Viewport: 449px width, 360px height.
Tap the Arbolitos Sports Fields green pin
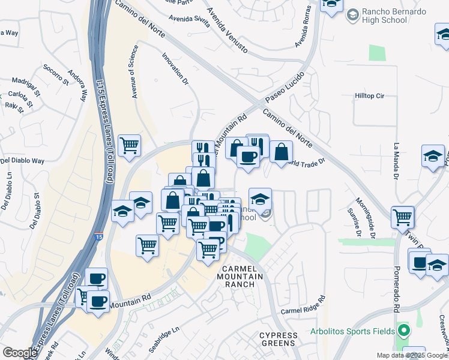[403, 330]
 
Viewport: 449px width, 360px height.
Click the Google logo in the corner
[20, 353]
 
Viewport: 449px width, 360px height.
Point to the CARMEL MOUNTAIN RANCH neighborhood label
[240, 275]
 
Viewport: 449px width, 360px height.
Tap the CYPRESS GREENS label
[277, 339]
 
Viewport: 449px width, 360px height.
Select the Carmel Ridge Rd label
[303, 305]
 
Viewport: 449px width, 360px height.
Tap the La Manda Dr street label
[396, 161]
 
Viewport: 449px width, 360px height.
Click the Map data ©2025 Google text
[412, 355]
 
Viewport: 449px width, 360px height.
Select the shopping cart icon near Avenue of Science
[130, 145]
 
